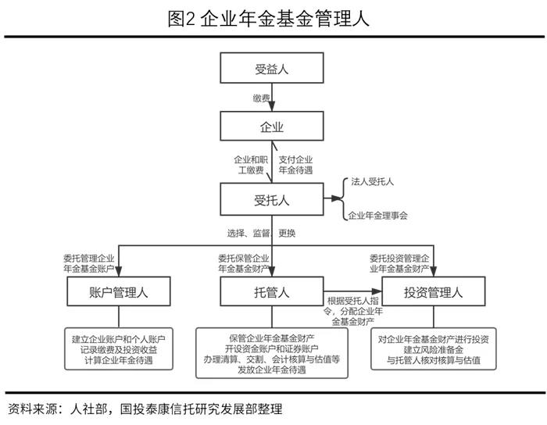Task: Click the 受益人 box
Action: [272, 68]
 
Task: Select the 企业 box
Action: [272, 126]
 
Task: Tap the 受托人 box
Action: [272, 199]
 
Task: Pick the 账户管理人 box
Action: [119, 291]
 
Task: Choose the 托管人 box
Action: [272, 291]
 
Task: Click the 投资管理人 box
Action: [433, 291]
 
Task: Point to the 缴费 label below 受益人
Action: [262, 98]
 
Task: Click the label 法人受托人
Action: [372, 182]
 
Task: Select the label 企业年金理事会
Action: [377, 216]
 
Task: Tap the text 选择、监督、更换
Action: [261, 233]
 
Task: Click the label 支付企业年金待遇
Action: [295, 165]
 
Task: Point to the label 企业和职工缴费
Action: [251, 165]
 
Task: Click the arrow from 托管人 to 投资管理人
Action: [352, 291]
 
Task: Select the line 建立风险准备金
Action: [433, 350]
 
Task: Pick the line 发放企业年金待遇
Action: [272, 370]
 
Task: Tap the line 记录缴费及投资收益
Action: [119, 350]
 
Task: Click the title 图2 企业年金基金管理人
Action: [268, 19]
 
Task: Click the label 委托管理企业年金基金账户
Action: [88, 263]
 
